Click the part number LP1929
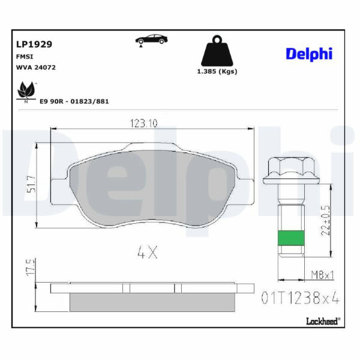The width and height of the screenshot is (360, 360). click(x=34, y=44)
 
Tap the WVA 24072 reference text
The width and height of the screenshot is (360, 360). click(x=36, y=67)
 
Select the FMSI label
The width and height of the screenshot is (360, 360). click(x=25, y=57)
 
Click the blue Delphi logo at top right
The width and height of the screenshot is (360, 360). click(x=309, y=54)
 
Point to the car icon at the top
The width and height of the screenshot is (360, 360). click(x=151, y=40)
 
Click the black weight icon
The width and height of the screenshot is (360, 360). click(x=217, y=51)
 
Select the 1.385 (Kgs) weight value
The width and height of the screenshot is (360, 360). click(x=217, y=71)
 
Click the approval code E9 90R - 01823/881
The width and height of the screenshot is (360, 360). click(x=74, y=101)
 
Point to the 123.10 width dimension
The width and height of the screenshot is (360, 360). click(x=144, y=124)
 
